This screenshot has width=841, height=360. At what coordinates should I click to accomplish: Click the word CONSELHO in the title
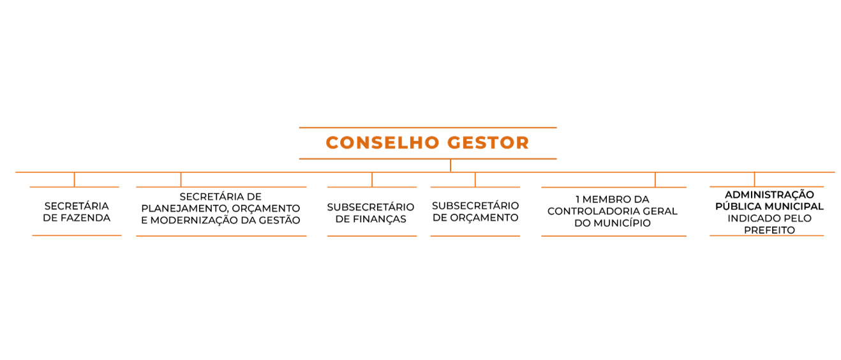pyautogui.click(x=383, y=142)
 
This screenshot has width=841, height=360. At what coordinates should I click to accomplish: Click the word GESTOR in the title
pyautogui.click(x=488, y=142)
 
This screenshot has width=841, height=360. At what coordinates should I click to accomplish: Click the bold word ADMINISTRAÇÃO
pyautogui.click(x=770, y=195)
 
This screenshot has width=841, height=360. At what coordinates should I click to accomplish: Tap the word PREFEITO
pyautogui.click(x=770, y=230)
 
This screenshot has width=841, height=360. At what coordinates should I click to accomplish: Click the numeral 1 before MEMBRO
pyautogui.click(x=577, y=199)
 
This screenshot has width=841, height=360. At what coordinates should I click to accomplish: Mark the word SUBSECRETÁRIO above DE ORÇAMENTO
pyautogui.click(x=475, y=206)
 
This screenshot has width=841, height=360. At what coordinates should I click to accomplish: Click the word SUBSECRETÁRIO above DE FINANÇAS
pyautogui.click(x=371, y=207)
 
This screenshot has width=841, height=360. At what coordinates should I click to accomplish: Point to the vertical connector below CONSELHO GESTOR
pyautogui.click(x=450, y=165)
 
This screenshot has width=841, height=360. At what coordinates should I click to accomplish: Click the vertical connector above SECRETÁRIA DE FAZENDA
pyautogui.click(x=75, y=179)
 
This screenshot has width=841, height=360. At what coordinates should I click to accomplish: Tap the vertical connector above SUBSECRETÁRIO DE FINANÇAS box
pyautogui.click(x=372, y=179)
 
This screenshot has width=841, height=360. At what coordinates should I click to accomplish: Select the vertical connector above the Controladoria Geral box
pyautogui.click(x=655, y=179)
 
